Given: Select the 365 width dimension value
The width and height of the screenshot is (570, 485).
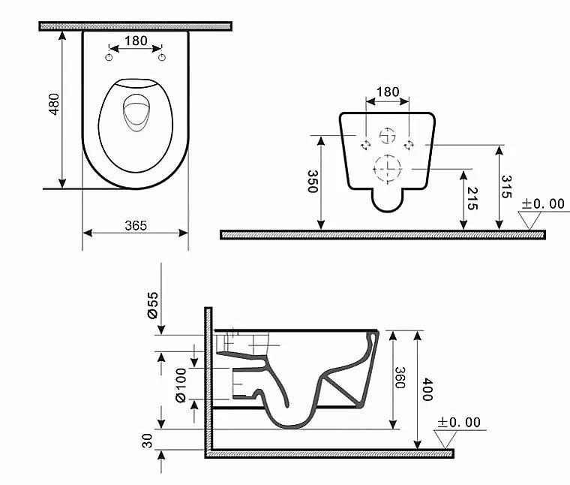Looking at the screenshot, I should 135,225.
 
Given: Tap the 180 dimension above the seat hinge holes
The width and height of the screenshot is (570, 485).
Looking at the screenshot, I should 136,41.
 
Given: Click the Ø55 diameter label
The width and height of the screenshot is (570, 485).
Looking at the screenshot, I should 151,306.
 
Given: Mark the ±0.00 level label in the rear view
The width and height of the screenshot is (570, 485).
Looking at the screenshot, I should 543,203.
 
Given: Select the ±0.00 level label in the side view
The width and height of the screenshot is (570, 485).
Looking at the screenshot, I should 459,423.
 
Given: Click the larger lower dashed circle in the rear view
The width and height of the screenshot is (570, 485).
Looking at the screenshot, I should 387,168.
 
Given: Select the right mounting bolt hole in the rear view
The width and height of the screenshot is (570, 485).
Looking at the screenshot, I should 409,143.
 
